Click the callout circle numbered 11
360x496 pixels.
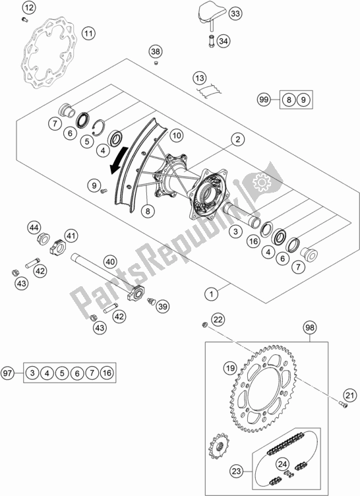point(88,33)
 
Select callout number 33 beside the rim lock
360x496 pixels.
point(235,14)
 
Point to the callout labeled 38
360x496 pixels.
point(156,51)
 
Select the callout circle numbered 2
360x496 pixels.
point(238,139)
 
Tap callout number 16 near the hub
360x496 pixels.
point(253,242)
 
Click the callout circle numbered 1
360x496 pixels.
point(211,294)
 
